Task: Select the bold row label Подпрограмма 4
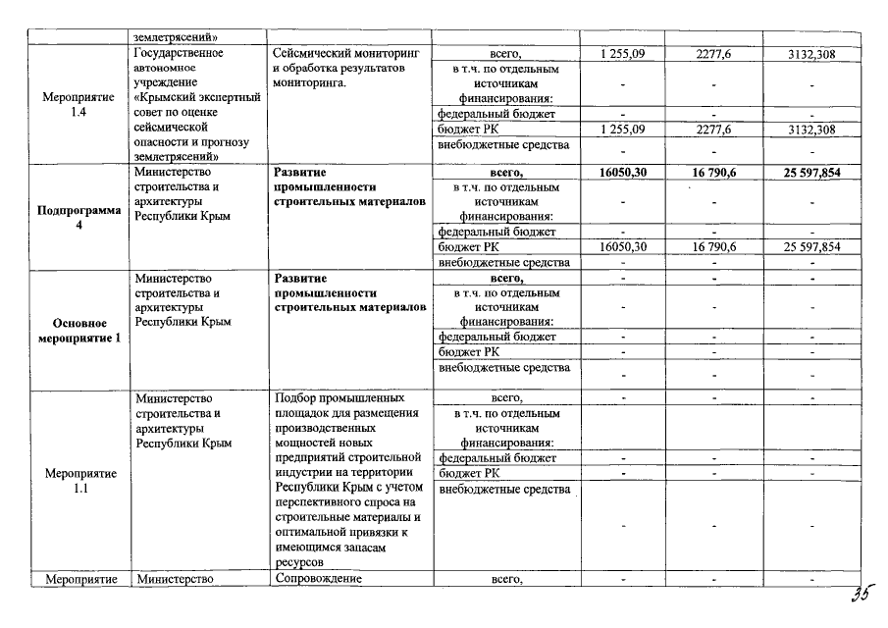(79, 217)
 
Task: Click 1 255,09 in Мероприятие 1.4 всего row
(622, 54)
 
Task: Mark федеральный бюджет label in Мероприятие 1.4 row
(497, 114)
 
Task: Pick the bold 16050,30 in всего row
(622, 172)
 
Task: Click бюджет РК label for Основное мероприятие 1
(469, 351)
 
